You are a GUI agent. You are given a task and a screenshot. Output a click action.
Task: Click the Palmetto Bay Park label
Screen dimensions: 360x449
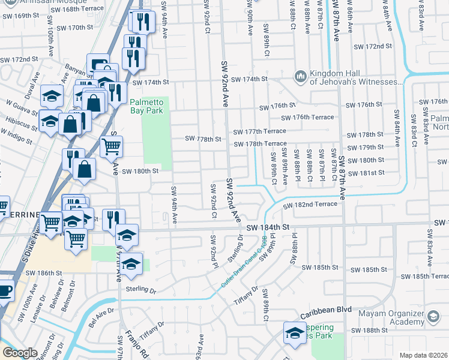coord(146,106)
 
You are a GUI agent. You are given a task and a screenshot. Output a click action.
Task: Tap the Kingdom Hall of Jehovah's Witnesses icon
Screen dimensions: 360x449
coord(300,76)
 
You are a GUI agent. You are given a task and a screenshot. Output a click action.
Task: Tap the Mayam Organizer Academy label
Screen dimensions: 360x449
coord(403,317)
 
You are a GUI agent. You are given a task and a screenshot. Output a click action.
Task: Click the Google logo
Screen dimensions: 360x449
coord(20,353)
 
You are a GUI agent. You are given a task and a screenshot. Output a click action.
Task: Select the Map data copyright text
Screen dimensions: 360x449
coord(423,355)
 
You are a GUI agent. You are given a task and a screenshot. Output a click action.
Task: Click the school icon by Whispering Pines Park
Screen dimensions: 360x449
coord(295,332)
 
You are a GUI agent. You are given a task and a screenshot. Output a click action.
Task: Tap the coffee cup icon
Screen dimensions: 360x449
coord(4,291)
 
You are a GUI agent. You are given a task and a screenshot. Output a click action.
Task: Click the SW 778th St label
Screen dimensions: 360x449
coord(203,139)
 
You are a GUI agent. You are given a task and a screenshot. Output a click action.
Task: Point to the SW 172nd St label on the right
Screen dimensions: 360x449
coord(373,46)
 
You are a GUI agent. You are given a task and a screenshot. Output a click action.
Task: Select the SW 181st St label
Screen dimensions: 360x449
coord(369,173)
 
